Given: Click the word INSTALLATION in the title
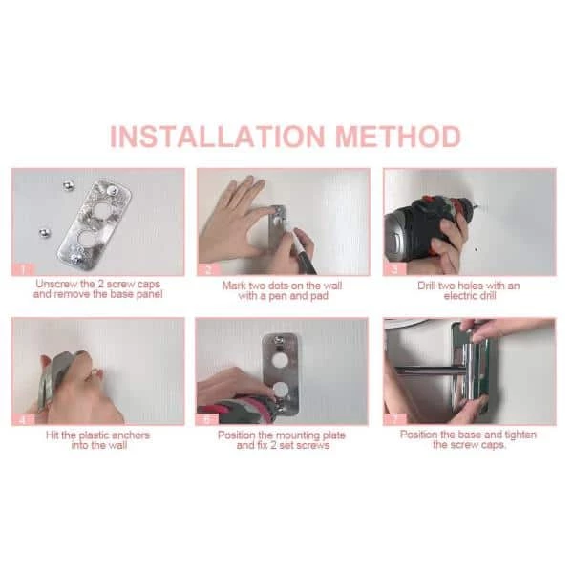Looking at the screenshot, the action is click(218, 137).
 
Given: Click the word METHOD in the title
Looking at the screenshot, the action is click(398, 137).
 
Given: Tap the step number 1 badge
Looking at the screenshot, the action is click(23, 269).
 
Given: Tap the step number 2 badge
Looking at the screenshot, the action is click(208, 269).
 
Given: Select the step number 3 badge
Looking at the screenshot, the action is click(394, 269).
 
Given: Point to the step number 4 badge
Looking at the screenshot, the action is click(23, 419).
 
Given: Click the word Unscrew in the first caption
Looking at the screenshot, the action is click(57, 284).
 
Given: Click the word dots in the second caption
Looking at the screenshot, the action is click(280, 286).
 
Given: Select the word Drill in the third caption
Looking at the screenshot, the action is click(427, 286).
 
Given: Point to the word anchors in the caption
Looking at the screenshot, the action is click(131, 435).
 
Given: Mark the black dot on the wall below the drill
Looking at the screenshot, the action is click(476, 250).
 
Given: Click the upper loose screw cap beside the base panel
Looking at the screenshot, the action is click(68, 186).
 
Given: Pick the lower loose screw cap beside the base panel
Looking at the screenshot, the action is click(45, 233).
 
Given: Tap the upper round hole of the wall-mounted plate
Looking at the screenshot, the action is click(280, 361).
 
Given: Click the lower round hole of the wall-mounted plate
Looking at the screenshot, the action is click(282, 390).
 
